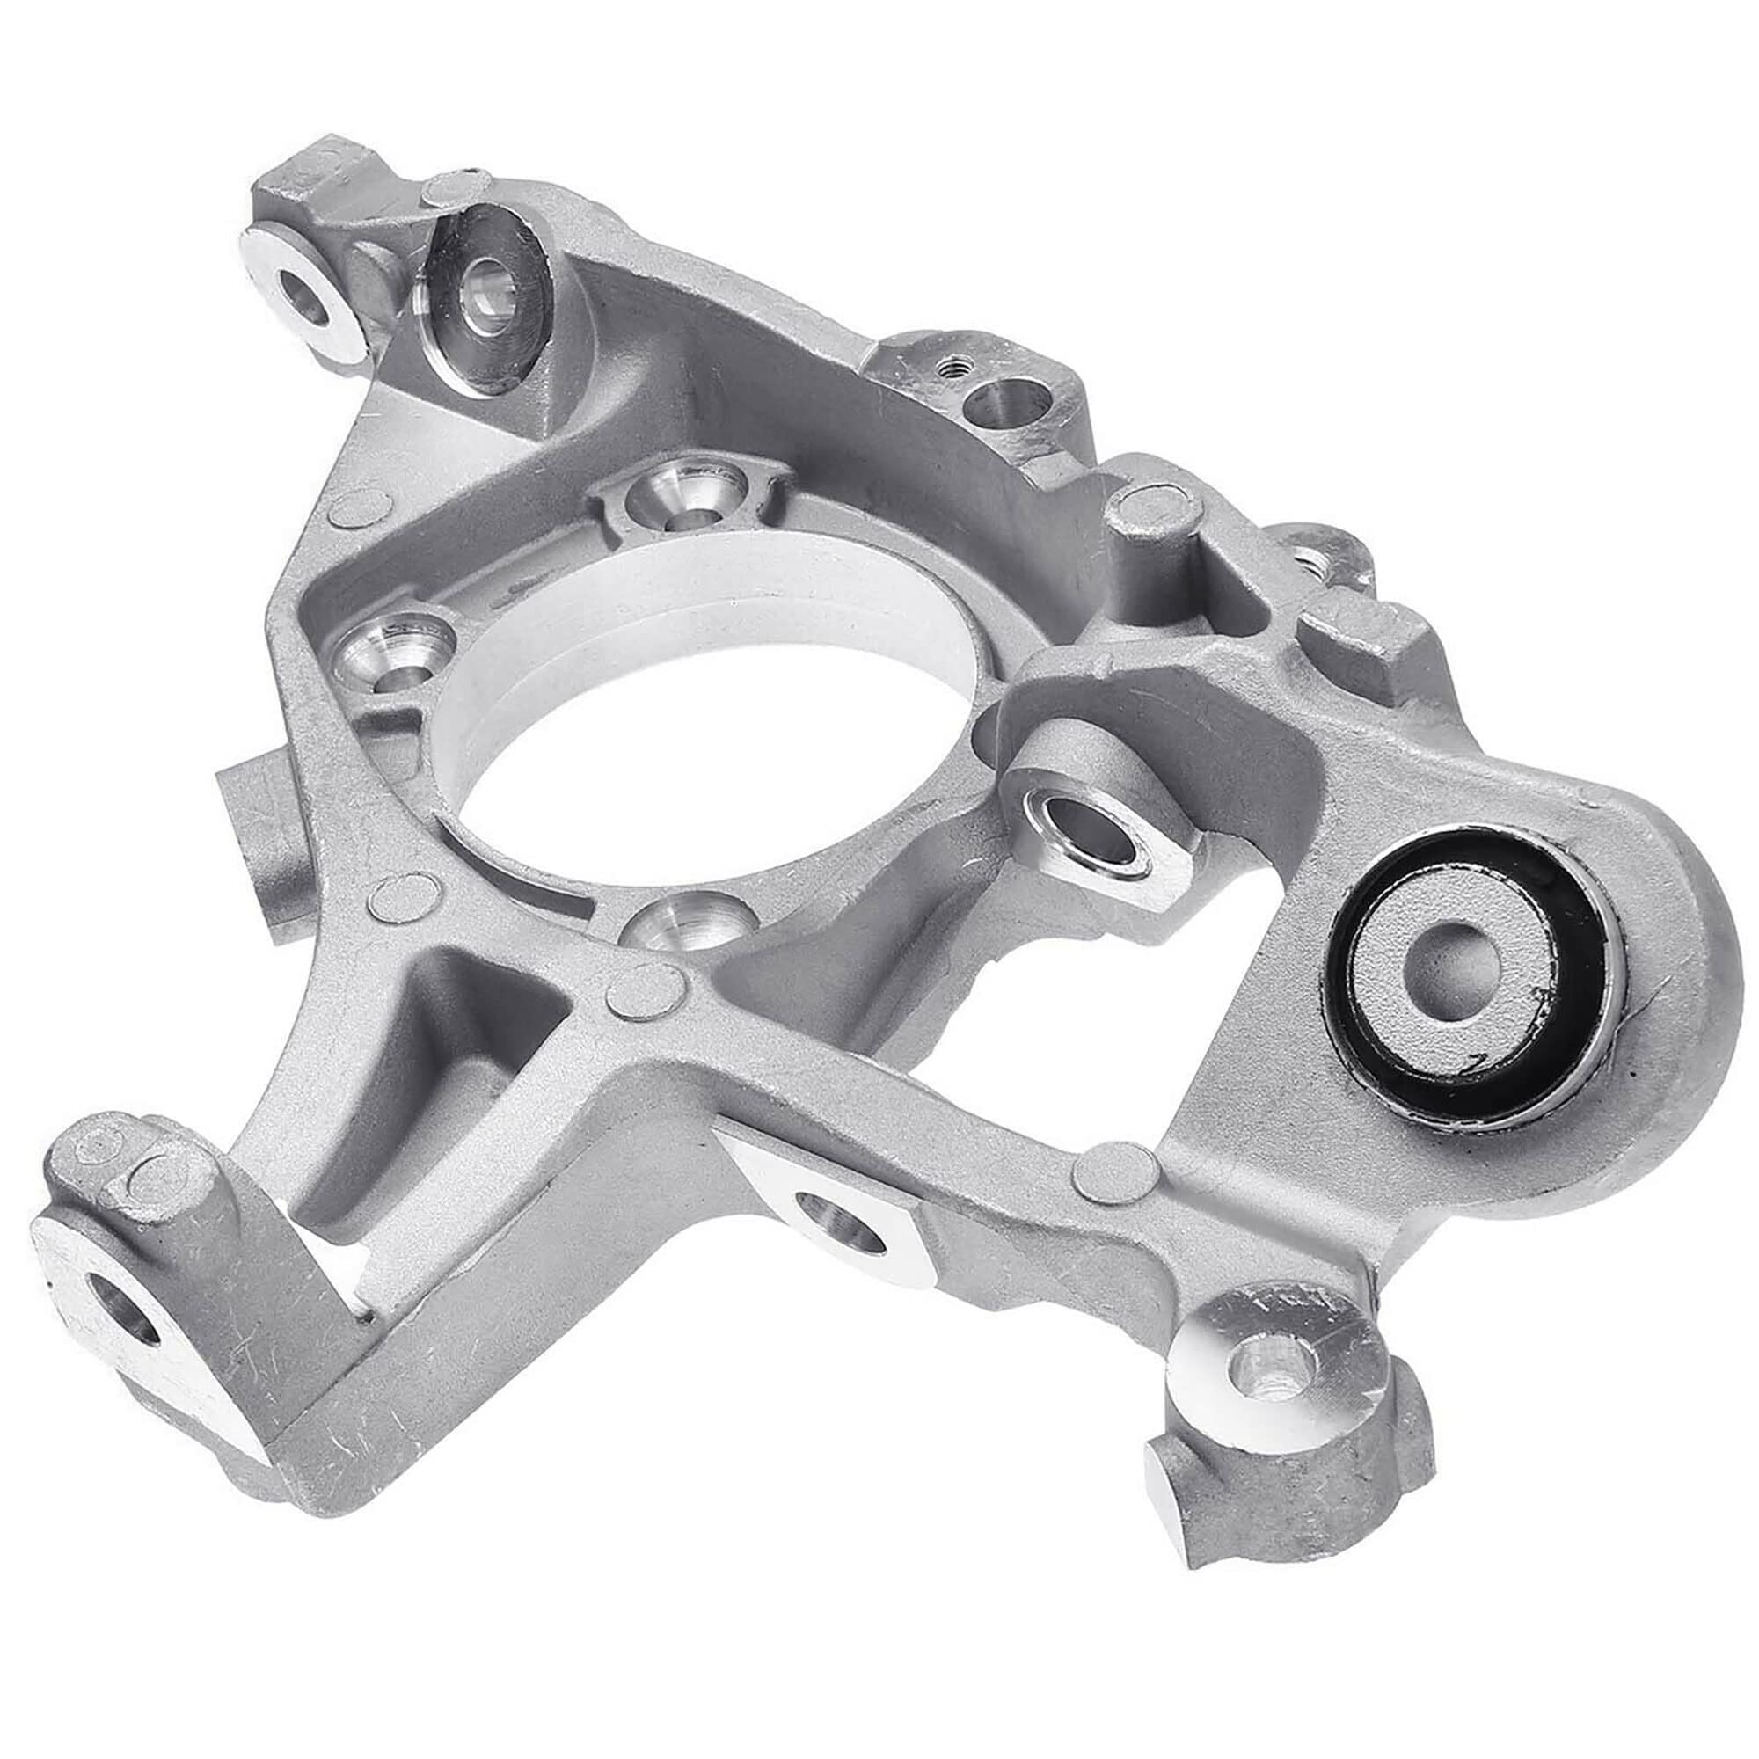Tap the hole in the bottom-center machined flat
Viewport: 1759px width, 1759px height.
(x=838, y=1225)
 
